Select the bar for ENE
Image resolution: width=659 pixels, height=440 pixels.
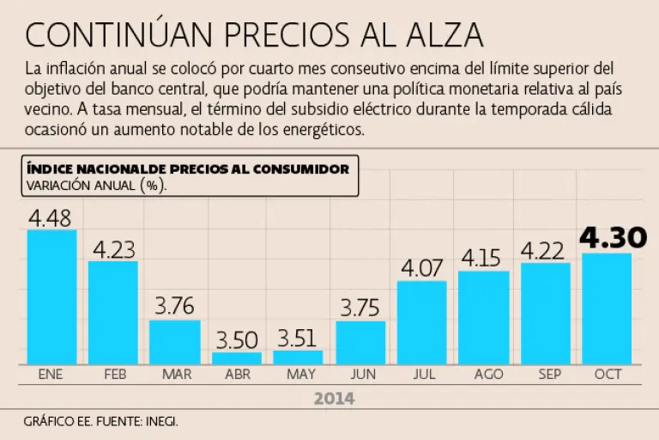[51, 296]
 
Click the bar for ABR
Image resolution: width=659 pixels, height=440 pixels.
[237, 357]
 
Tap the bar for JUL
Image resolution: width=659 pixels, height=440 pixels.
[421, 322]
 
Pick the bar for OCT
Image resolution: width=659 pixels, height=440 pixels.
[607, 308]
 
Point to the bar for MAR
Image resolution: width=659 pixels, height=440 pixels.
[175, 342]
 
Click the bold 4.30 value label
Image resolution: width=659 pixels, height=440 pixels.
[607, 238]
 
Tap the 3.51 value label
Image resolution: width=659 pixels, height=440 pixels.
[299, 338]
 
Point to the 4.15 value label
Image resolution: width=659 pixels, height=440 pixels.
[483, 258]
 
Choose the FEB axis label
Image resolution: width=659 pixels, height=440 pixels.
[114, 375]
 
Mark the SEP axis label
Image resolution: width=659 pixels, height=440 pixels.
[545, 375]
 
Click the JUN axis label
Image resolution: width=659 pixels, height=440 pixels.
[360, 375]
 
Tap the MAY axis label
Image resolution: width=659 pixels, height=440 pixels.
[299, 375]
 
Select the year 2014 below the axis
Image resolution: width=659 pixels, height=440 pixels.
[334, 399]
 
